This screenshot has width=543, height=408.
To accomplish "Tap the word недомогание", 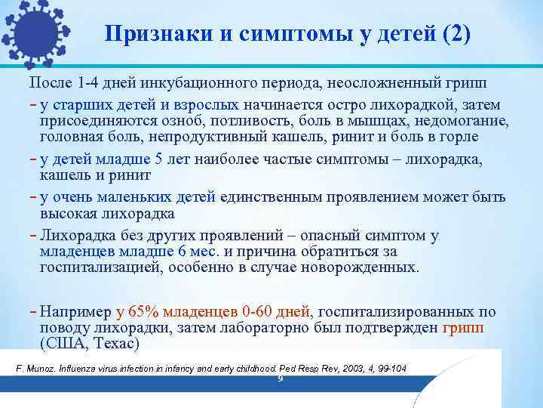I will (463, 121).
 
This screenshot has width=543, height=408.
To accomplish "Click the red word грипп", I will (464, 328).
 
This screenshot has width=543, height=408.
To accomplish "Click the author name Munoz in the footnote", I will (38, 368).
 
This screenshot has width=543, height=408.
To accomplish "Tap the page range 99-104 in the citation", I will (389, 368).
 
